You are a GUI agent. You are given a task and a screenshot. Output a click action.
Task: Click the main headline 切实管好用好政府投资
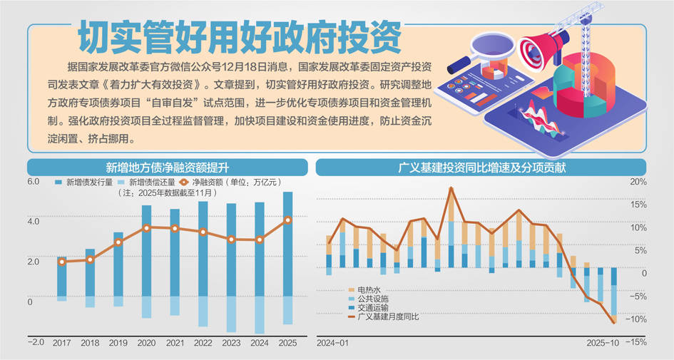tap(239, 36)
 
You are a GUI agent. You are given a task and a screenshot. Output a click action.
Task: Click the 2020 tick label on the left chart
tap(147, 342)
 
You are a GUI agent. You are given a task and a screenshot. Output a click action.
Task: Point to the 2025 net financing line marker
tap(287, 220)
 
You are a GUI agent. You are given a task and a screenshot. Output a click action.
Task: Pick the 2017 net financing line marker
tap(62, 262)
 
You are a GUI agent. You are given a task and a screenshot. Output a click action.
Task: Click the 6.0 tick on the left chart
tap(34, 182)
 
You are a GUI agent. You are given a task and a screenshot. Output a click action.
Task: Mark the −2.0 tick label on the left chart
tap(35, 342)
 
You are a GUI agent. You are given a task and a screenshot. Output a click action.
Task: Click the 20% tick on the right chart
tap(638, 182)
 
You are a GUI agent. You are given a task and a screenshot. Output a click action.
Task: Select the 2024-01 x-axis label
tap(332, 343)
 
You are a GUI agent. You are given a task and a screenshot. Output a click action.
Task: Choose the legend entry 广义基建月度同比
tap(388, 316)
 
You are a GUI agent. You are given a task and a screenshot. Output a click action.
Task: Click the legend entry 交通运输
tap(374, 307)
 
